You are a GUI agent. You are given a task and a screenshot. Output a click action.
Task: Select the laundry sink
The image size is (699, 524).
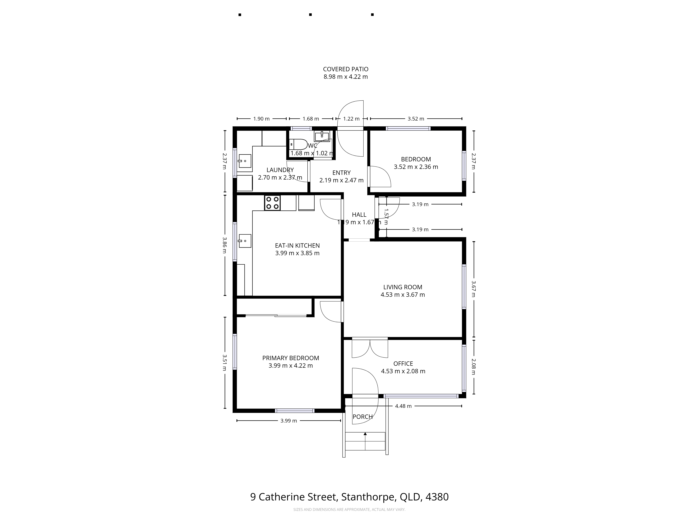[x=245, y=161]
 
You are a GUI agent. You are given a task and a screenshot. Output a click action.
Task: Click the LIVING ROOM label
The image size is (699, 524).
[x=403, y=287]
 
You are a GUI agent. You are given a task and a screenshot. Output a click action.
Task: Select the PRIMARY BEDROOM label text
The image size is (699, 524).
[x=290, y=358]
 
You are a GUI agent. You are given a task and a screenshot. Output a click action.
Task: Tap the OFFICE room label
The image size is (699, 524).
[x=403, y=363]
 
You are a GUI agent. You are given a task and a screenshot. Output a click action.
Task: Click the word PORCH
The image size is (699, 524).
[x=362, y=417]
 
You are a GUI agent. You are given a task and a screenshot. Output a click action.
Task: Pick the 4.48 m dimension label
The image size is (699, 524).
[x=403, y=406]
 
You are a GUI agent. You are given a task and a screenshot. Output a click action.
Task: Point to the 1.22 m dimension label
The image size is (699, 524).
[x=351, y=119]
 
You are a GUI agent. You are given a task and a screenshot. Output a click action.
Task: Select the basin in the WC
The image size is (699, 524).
[x=322, y=136]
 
